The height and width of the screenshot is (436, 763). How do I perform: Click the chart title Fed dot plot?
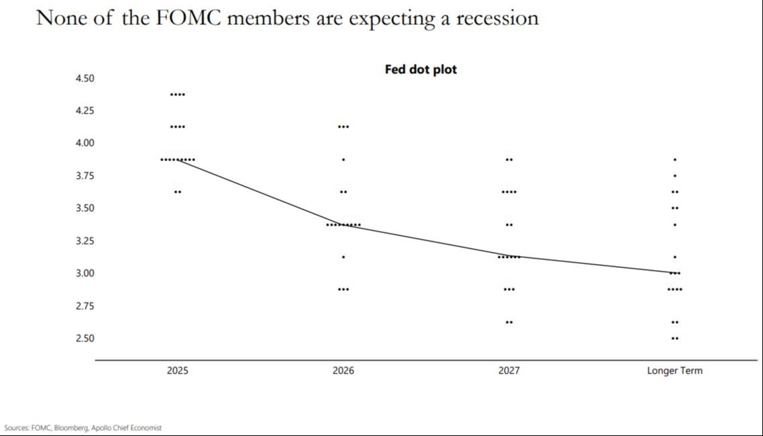pos(421,69)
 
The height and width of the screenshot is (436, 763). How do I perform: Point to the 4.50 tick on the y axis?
pos(85,78)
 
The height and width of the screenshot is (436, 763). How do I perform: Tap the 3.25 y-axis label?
pos(85,241)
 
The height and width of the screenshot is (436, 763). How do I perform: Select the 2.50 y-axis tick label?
pos(85,338)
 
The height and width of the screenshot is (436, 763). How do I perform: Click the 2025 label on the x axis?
pos(178,370)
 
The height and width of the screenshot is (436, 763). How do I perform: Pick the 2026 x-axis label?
pos(344,370)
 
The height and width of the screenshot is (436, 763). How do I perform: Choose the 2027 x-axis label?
pos(509,370)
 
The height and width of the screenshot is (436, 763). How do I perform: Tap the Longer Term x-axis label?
pos(674,370)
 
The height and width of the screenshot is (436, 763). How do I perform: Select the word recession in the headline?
pos(497,18)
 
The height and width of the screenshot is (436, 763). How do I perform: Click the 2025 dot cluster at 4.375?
pos(178,94)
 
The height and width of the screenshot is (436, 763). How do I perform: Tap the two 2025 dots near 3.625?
pos(178,192)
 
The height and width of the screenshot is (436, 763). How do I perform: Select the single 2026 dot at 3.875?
pos(344,159)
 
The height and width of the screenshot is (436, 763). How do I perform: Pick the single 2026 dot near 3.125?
pos(344,257)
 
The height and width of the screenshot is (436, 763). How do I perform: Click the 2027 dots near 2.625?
pos(509,322)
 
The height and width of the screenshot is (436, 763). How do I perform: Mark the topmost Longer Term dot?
pos(674,159)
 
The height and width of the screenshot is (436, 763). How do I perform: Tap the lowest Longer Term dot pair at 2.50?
pos(674,338)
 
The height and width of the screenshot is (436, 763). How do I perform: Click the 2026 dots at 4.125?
pos(344,126)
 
